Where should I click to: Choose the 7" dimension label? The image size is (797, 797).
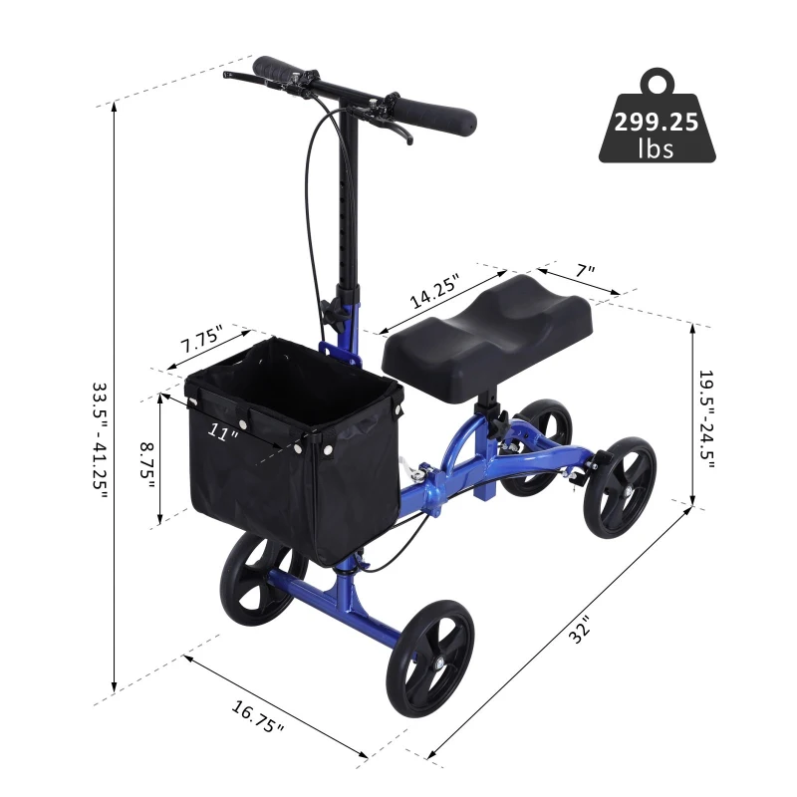(585, 270)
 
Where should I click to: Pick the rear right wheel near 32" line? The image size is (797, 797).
(619, 487)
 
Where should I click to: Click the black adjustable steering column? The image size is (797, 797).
(347, 199)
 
